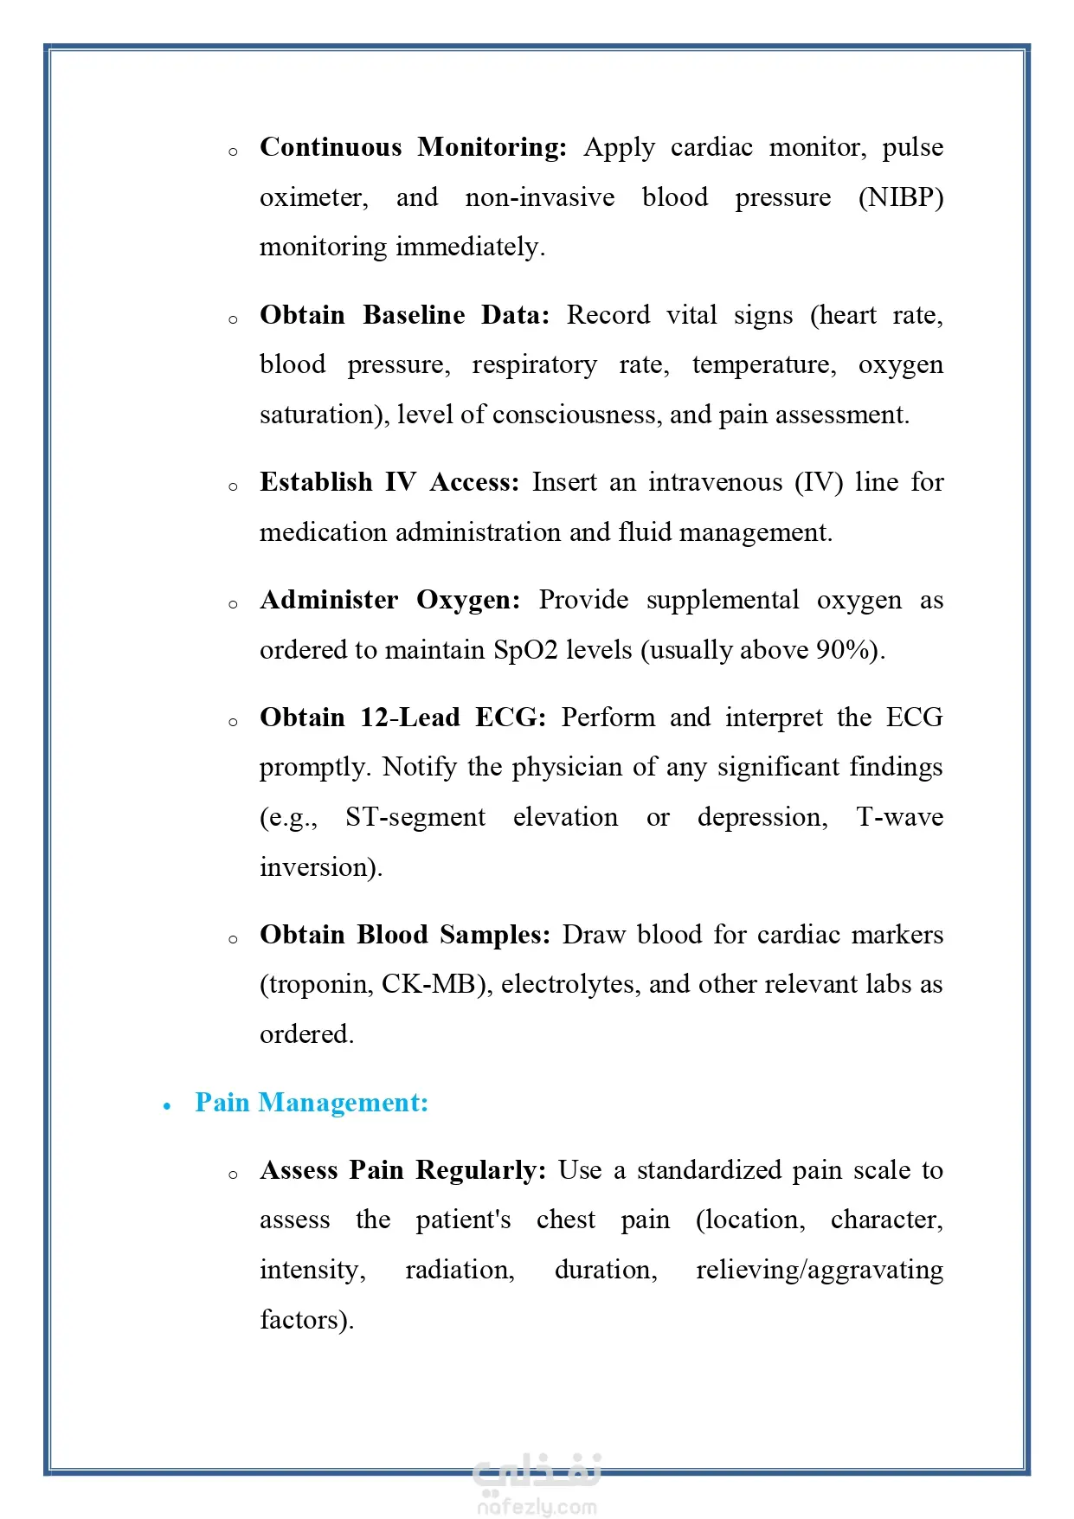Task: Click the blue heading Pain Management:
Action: [312, 1103]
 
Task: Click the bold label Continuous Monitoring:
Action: [413, 147]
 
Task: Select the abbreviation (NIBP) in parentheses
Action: [900, 197]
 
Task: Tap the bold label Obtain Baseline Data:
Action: [404, 315]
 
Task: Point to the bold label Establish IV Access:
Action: [389, 482]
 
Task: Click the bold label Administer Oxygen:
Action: [390, 600]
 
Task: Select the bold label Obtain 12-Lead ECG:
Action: [402, 718]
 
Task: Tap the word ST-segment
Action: [415, 817]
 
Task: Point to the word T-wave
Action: [899, 817]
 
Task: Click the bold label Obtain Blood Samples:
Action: [405, 935]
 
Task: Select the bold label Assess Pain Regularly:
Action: [403, 1170]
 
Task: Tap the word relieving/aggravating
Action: [819, 1270]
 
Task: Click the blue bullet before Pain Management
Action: [167, 1106]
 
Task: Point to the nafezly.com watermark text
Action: [537, 1507]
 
